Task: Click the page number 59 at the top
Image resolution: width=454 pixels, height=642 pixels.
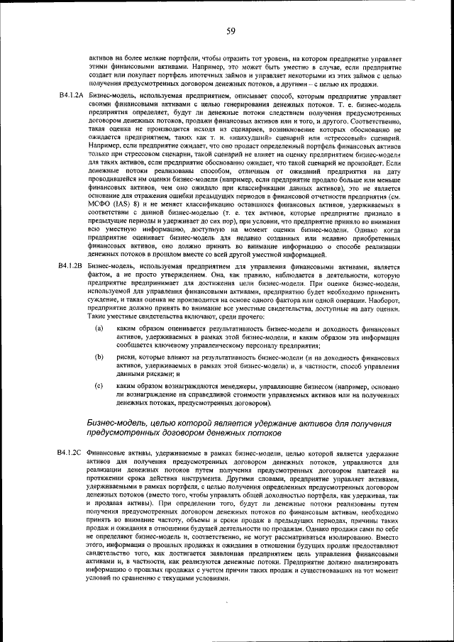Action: click(231, 31)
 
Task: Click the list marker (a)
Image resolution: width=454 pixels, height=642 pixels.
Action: click(99, 328)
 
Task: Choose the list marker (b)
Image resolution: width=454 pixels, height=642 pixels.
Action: click(99, 357)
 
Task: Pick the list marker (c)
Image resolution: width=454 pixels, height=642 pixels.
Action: click(99, 385)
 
